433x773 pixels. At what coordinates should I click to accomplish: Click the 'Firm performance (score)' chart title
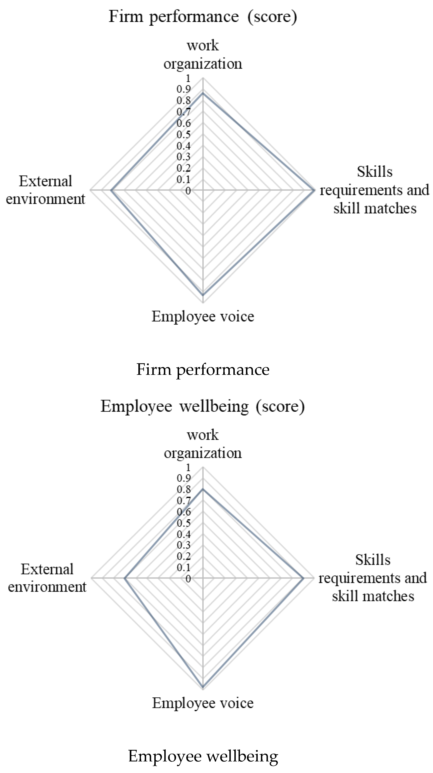[x=203, y=17]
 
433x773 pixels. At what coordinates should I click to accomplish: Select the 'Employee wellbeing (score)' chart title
[x=203, y=407]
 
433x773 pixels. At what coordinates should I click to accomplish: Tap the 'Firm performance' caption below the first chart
[x=203, y=369]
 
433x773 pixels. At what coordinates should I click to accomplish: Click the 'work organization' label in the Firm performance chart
[x=203, y=55]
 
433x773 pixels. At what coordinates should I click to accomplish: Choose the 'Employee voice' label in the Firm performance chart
[x=203, y=316]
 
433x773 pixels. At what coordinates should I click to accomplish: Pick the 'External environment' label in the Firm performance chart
[x=46, y=190]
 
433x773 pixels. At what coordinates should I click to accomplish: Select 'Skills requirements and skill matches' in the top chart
[x=375, y=190]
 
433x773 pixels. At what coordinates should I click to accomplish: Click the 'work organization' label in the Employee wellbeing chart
[x=203, y=444]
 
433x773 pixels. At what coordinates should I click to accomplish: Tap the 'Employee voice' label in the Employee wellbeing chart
[x=203, y=703]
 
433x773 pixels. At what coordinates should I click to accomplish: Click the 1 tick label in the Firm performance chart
[x=188, y=79]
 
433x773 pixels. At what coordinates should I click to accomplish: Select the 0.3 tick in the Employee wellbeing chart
[x=183, y=545]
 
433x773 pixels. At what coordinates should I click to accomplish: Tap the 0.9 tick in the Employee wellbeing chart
[x=183, y=478]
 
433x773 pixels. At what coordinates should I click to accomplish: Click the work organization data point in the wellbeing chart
[x=203, y=489]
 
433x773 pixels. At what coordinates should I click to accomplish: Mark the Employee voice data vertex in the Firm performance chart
[x=203, y=295]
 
